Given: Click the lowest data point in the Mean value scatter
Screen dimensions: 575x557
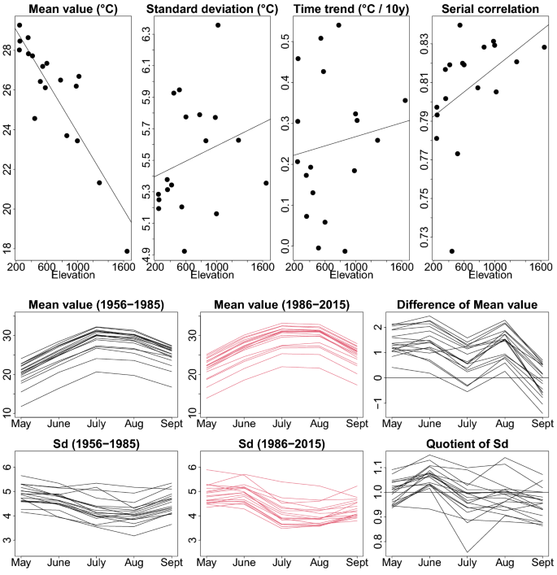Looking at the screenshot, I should click(127, 251).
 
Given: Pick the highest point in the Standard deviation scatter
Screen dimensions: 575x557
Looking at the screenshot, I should click(218, 25).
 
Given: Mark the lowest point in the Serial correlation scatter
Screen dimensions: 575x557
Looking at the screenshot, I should click(452, 251).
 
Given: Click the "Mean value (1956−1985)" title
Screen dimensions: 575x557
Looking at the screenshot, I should click(96, 305).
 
